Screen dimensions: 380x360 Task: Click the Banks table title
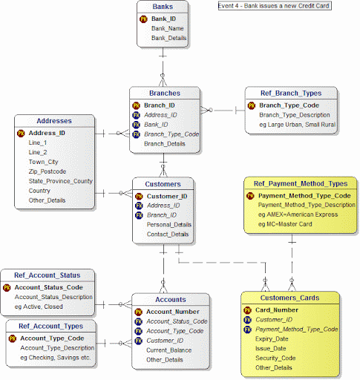[163, 7]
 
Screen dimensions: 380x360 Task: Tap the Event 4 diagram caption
[274, 5]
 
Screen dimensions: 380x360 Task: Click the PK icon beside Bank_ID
[143, 19]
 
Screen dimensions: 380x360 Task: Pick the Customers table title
[163, 184]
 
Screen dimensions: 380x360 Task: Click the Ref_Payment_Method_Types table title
[301, 183]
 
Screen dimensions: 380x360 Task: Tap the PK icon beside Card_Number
[248, 310]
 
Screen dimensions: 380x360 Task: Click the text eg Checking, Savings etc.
[56, 358]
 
